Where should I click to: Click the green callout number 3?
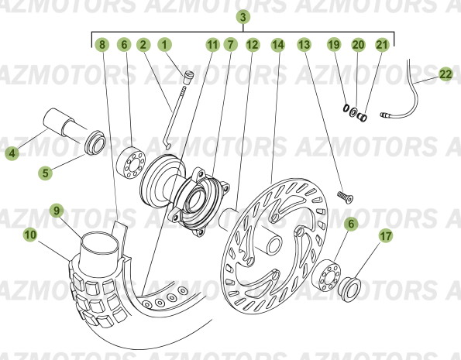(x=243, y=17)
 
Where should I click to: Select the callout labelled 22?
(x=446, y=74)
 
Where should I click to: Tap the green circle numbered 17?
(x=386, y=236)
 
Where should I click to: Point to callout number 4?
(x=12, y=153)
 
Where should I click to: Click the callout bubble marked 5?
(x=45, y=173)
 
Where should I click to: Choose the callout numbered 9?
(x=57, y=211)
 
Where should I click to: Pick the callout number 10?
(x=30, y=235)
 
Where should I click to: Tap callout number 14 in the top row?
(x=278, y=45)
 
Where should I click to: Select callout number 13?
(x=304, y=45)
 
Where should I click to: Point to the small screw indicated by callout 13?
(x=345, y=197)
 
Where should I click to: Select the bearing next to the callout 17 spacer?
(x=326, y=276)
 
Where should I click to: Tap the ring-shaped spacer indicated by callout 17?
(x=349, y=290)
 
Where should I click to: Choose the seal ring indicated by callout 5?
(x=95, y=142)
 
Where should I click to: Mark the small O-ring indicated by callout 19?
(x=346, y=108)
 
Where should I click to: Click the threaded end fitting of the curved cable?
(x=387, y=115)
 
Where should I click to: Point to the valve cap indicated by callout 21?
(x=362, y=117)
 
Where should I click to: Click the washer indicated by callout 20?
(x=353, y=112)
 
